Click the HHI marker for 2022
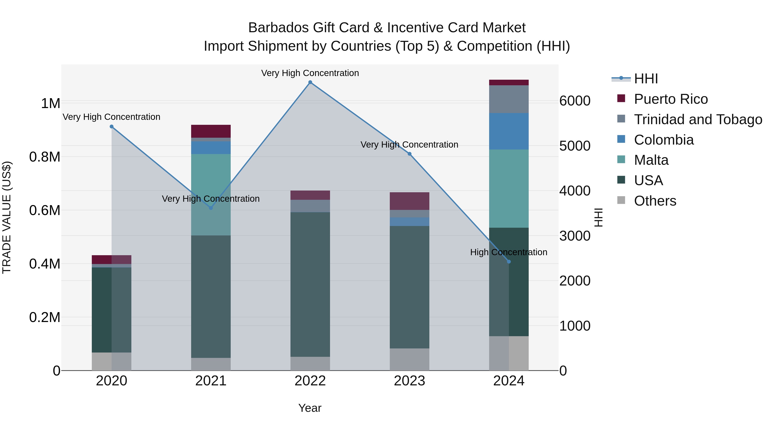tap(310, 82)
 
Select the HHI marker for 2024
tap(509, 261)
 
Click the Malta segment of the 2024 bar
tap(509, 189)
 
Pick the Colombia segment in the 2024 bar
tap(509, 131)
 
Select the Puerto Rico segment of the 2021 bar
tap(211, 131)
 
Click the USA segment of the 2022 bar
tap(310, 284)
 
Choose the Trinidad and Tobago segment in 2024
tap(509, 99)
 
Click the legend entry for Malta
tap(651, 160)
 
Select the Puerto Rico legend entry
tap(670, 99)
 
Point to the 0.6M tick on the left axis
tap(45, 210)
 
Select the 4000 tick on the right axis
tap(574, 191)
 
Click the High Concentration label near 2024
tap(508, 252)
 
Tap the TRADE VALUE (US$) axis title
tap(7, 217)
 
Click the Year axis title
tap(310, 408)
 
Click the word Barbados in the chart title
tap(278, 28)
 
